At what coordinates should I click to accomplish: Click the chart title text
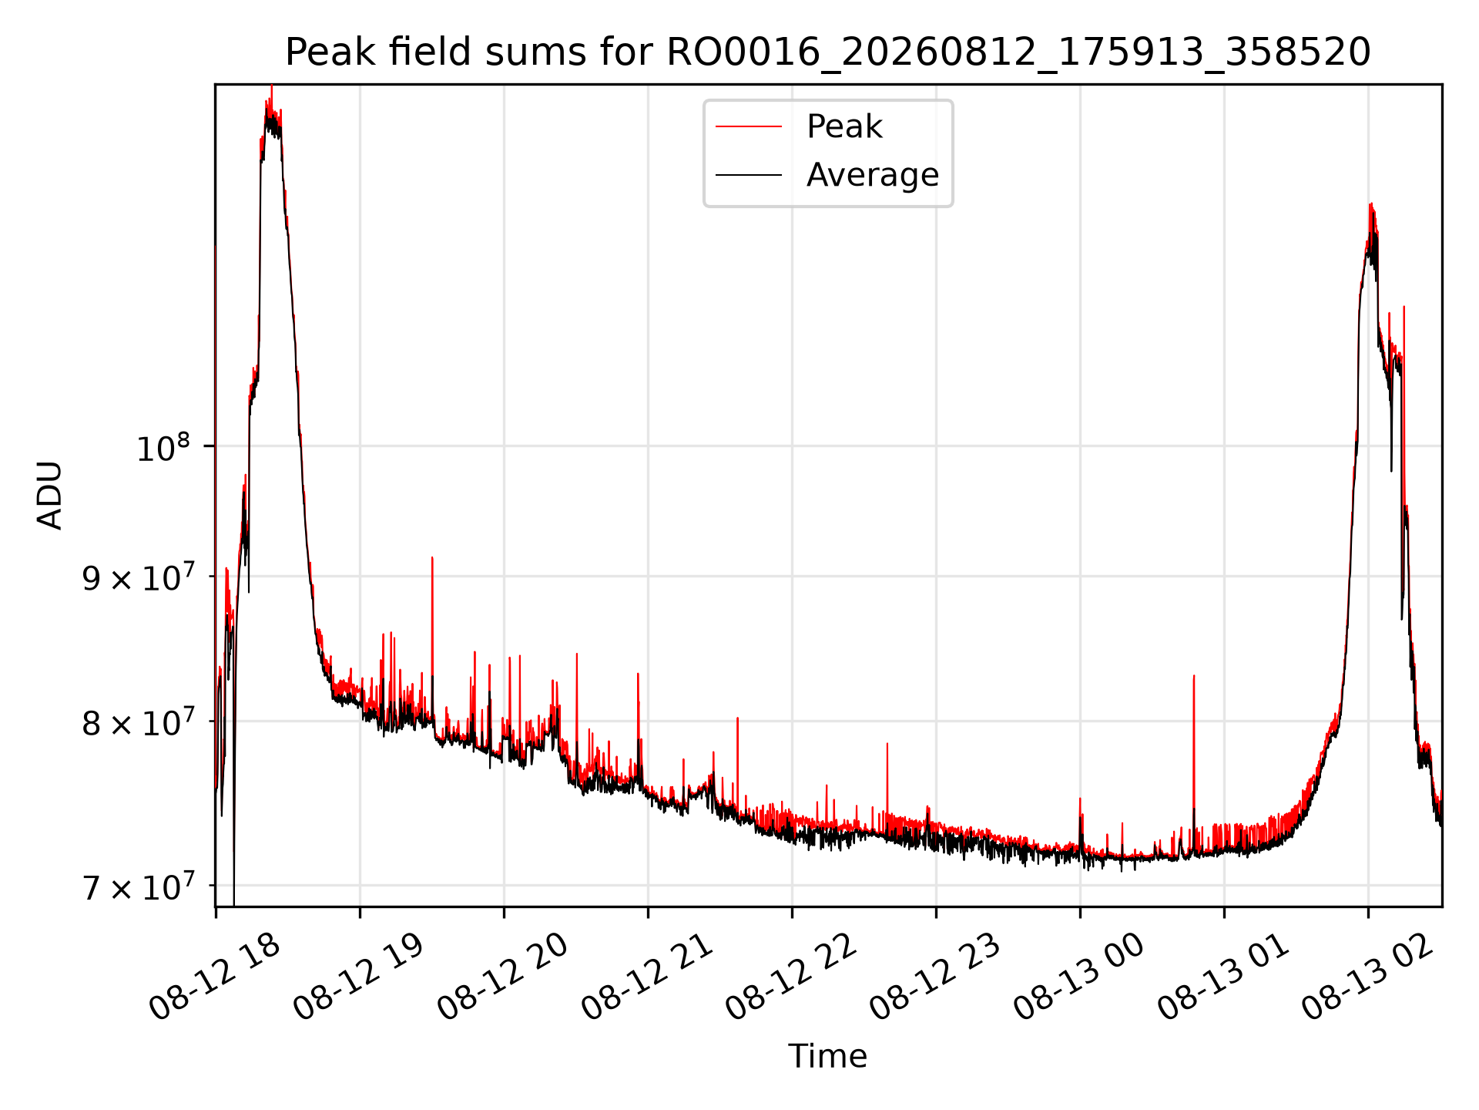(828, 52)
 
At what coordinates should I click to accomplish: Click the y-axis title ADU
(50, 496)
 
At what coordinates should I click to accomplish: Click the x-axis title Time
(827, 1056)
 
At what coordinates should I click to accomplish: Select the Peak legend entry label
(844, 126)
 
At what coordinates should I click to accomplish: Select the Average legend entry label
(873, 175)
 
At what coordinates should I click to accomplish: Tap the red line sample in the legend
(749, 126)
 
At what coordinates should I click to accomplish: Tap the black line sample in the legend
(749, 175)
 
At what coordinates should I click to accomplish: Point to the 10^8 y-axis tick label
(163, 448)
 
